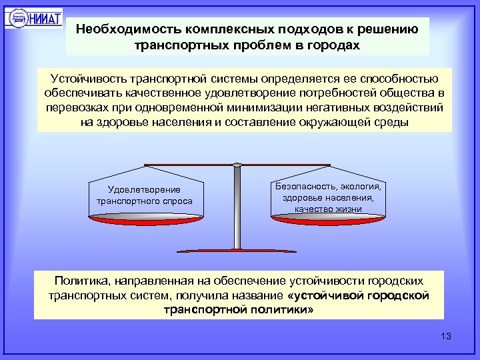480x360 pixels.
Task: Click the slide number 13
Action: click(446, 336)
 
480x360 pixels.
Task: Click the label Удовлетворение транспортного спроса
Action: click(144, 195)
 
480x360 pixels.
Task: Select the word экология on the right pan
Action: click(363, 187)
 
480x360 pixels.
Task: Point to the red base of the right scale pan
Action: click(328, 217)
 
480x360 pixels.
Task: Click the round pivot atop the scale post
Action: click(237, 164)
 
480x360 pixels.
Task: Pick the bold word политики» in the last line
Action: click(281, 310)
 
